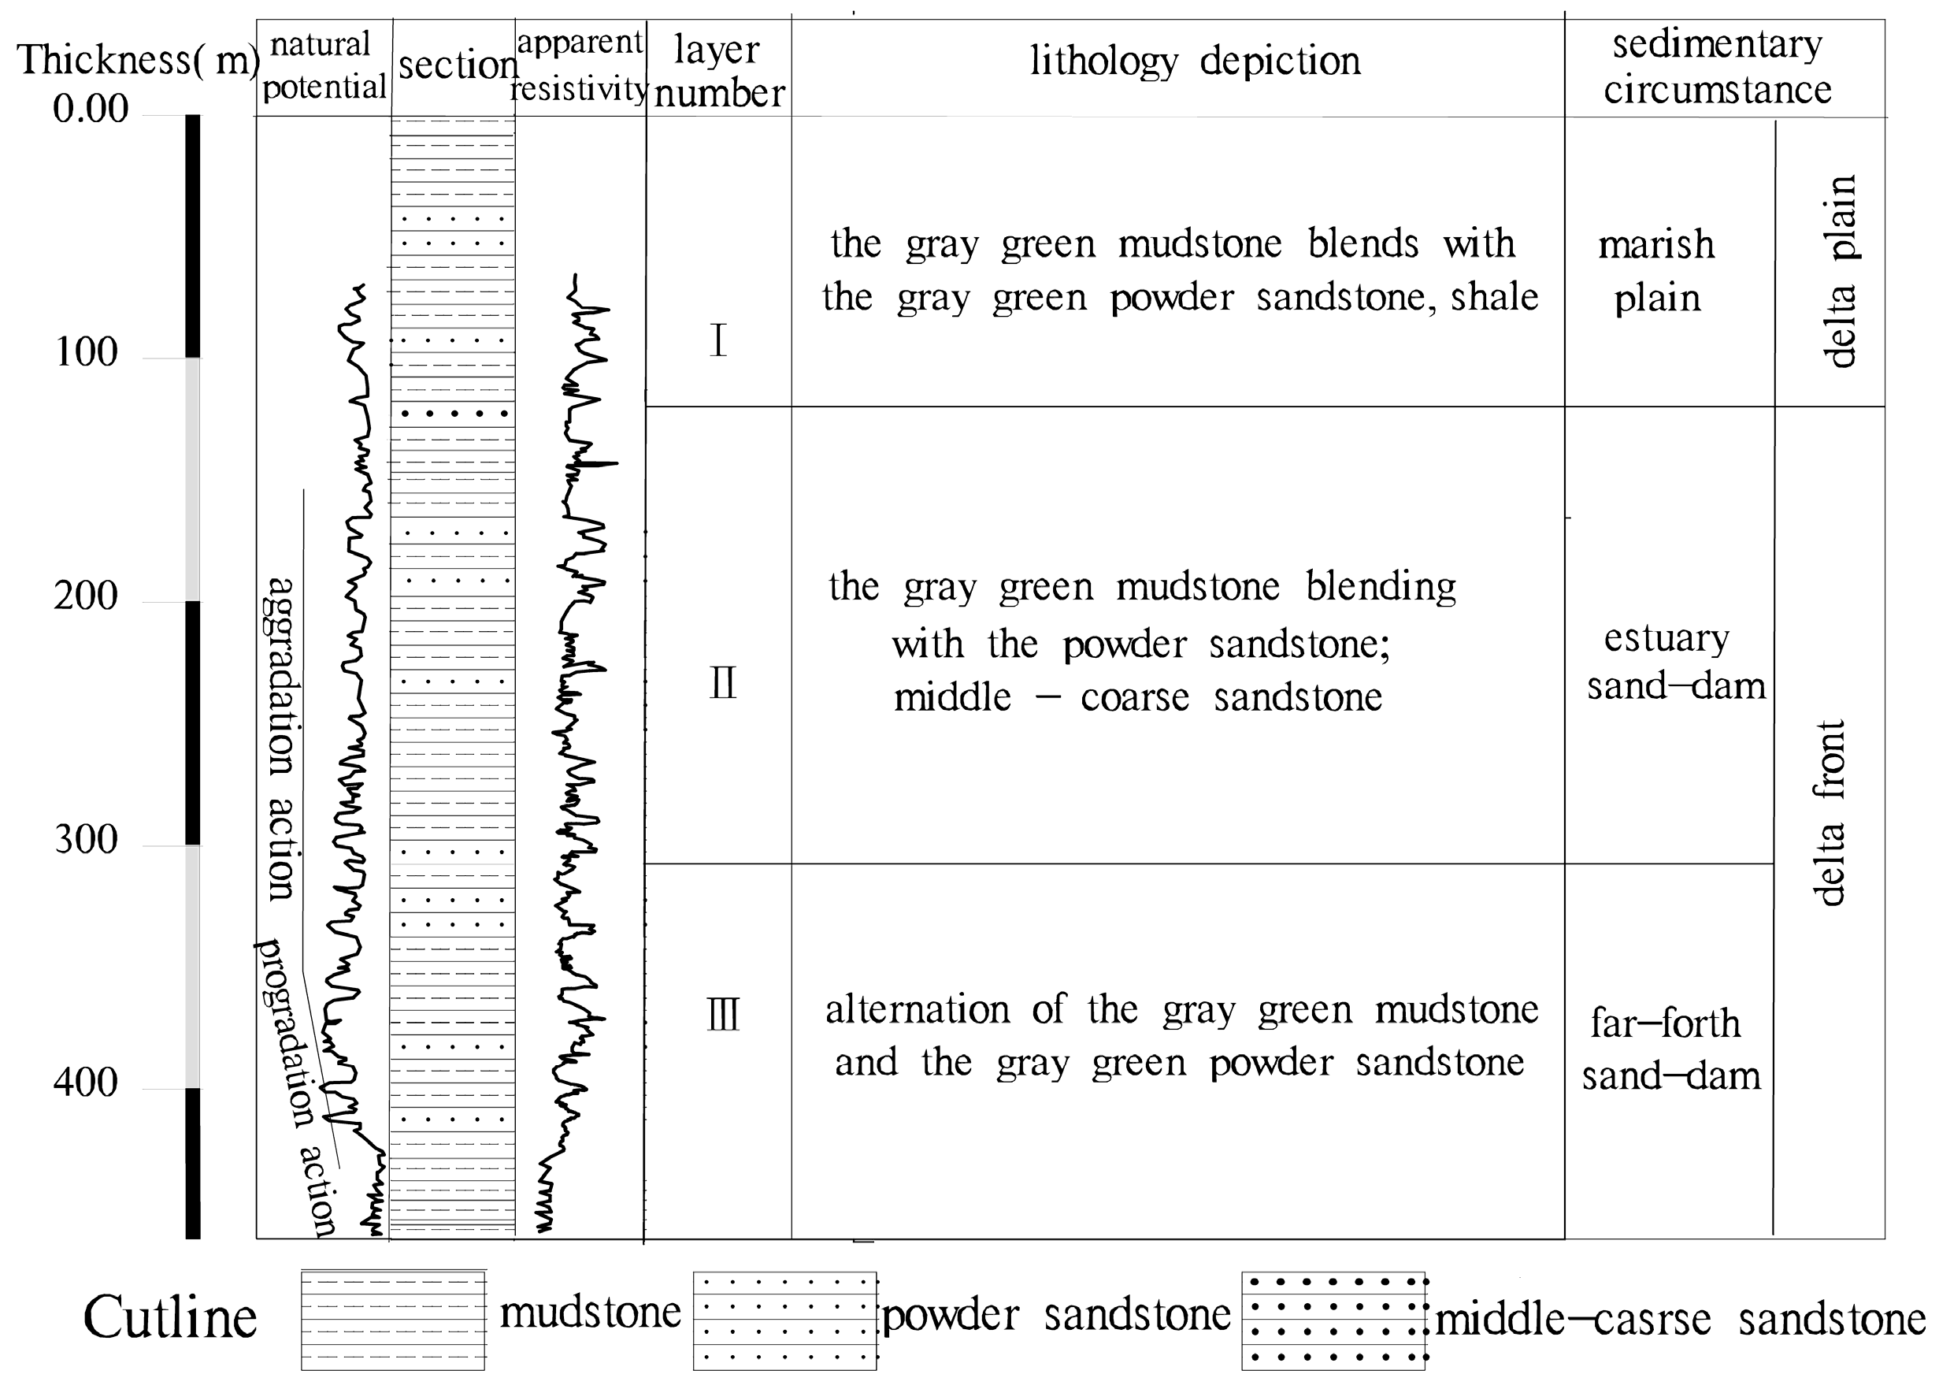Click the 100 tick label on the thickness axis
pos(87,352)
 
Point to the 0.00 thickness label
pos(91,109)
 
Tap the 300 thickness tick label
pos(87,840)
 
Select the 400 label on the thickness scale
pos(86,1083)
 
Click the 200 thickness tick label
pos(87,596)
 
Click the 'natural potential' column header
pos(324,65)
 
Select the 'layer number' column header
pos(718,71)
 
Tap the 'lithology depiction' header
pos(1194,61)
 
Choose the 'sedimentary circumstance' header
pos(1717,67)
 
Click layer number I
pos(718,341)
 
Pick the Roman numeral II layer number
pos(722,684)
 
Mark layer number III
pos(723,1016)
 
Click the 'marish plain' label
pos(1657,271)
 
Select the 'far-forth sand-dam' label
pos(1670,1049)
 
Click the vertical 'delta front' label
pos(1829,812)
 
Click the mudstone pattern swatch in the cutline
pos(392,1320)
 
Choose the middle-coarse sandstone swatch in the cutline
pos(1333,1320)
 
